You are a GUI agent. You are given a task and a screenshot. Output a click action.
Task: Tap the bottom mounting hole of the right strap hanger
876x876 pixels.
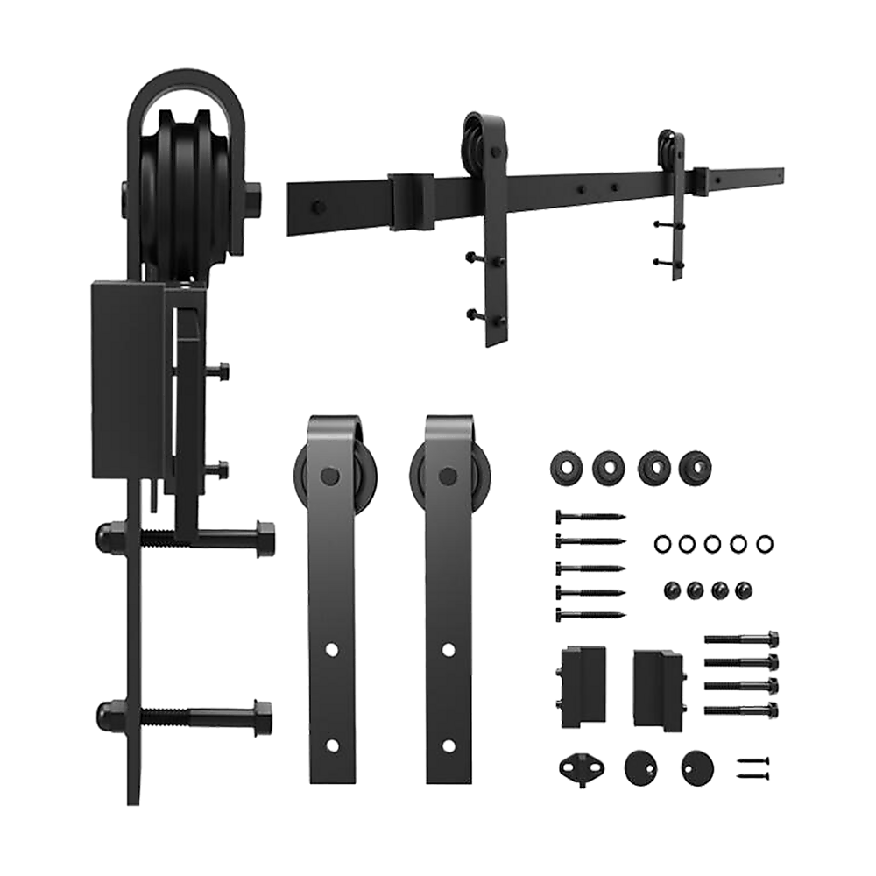pyautogui.click(x=449, y=746)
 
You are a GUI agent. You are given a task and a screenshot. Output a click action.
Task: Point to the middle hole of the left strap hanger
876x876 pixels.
pyautogui.click(x=332, y=649)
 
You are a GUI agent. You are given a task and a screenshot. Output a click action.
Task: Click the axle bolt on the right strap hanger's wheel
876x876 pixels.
pyautogui.click(x=450, y=476)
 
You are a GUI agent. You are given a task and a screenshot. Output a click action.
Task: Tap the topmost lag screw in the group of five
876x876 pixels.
pyautogui.click(x=590, y=516)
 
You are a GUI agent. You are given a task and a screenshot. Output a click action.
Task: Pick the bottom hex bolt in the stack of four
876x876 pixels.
pyautogui.click(x=741, y=706)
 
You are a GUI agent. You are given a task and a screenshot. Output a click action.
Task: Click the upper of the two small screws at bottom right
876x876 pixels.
pyautogui.click(x=752, y=760)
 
